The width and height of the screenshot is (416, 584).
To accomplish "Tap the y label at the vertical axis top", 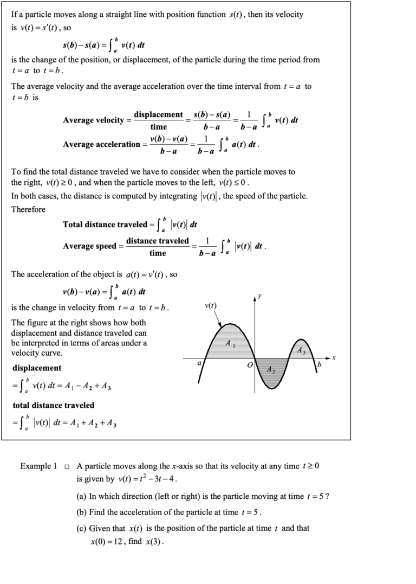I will coord(260,296).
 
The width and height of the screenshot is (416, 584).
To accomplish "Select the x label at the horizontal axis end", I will coord(334,358).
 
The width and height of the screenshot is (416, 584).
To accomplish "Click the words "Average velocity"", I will coord(93,120).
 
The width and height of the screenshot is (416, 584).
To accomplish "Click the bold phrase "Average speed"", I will coord(89,246).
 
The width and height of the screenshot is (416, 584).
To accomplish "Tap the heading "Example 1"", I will coord(38,466).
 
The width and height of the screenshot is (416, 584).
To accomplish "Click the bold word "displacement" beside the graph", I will coord(37,368).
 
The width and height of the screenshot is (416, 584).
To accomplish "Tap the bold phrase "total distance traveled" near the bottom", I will coord(53,405).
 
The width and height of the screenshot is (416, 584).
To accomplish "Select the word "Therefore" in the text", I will coord(28,209).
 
